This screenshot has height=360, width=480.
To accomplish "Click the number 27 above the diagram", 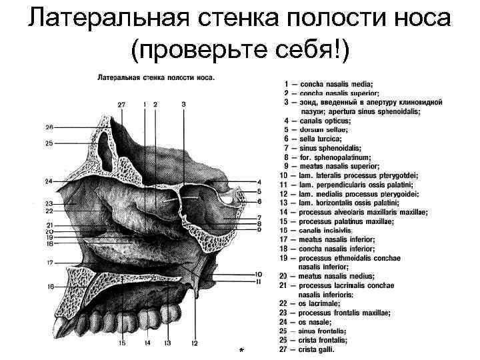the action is pos(121,105).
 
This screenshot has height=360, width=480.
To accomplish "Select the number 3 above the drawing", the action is pos(183,105).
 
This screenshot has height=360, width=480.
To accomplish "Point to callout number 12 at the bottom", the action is pos(195,343).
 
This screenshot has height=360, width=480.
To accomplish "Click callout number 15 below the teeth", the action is pos(123,343).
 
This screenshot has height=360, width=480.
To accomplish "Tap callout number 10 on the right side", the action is pos(258,273).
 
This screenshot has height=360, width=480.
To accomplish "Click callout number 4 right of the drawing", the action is pos(258,182).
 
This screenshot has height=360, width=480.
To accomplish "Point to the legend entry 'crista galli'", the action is pos(317,349).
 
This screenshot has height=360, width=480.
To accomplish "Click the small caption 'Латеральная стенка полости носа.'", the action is pos(156,77).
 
